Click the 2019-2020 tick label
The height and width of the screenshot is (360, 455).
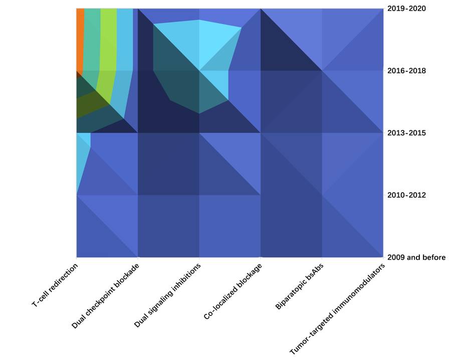(x=406, y=9)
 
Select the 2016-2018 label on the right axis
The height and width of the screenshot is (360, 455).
(x=406, y=71)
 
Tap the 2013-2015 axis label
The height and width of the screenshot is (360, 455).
(x=406, y=133)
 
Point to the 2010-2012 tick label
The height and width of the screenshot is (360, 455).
(x=406, y=195)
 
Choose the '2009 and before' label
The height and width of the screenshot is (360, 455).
(x=416, y=258)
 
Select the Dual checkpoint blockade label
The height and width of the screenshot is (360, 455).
(x=105, y=296)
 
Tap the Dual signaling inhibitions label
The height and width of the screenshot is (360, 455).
(x=167, y=296)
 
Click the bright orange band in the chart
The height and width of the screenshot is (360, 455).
(x=80, y=40)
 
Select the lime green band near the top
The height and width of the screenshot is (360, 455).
(x=108, y=45)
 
